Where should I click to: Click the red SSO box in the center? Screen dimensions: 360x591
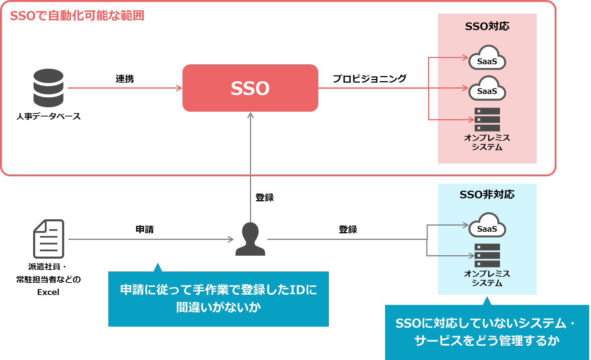[x=250, y=88]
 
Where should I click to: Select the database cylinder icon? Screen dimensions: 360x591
[x=48, y=88]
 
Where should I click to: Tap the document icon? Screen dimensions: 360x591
[x=49, y=239]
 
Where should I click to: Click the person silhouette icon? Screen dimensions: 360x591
[x=250, y=239]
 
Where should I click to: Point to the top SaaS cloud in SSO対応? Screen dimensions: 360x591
[x=487, y=58]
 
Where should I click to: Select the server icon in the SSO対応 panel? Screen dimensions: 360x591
[x=487, y=119]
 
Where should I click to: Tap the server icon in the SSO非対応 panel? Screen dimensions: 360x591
[x=487, y=255]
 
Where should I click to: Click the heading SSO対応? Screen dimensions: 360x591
[x=487, y=26]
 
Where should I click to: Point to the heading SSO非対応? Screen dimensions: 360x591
[x=487, y=194]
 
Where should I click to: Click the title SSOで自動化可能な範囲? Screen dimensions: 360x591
[x=77, y=16]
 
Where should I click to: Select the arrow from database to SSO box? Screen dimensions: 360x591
[x=125, y=88]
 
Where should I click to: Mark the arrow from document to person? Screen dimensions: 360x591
[x=151, y=240]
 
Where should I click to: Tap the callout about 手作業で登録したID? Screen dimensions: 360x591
[x=218, y=299]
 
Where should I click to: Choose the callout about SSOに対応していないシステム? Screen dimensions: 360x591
[x=487, y=332]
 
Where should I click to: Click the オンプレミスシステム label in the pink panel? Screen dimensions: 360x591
[x=487, y=143]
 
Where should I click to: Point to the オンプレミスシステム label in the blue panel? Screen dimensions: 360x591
[x=487, y=278]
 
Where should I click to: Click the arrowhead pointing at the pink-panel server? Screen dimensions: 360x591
[x=472, y=119]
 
